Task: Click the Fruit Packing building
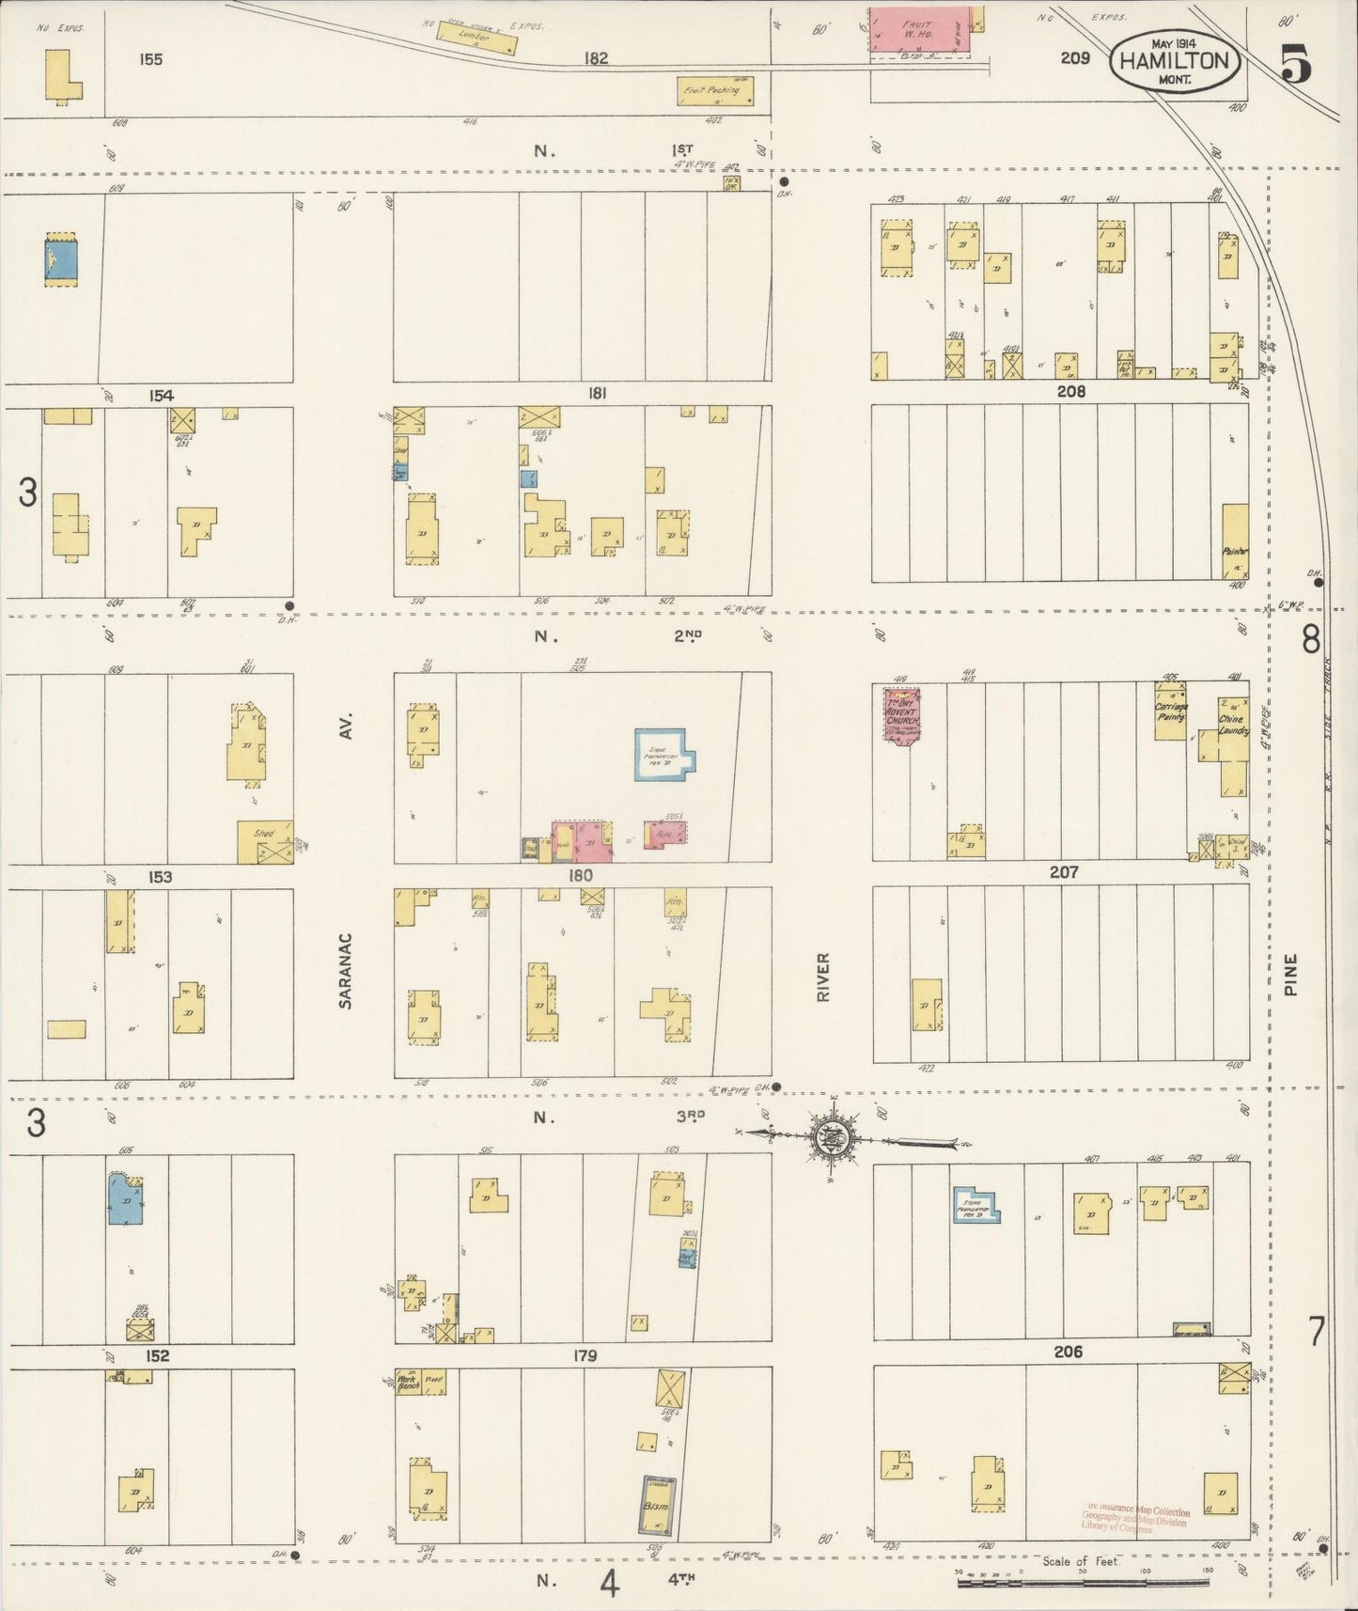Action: coord(716,91)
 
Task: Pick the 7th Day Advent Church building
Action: coord(900,713)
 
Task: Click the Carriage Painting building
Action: coord(1170,713)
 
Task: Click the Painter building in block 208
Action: coord(1235,542)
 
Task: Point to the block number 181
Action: coord(596,394)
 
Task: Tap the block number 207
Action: coord(1063,872)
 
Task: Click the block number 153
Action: coord(159,877)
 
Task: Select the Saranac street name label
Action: coord(345,971)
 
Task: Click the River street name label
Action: coord(823,977)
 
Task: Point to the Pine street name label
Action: coord(1290,975)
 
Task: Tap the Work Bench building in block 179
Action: coord(408,1381)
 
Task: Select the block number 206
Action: coord(1068,1352)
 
